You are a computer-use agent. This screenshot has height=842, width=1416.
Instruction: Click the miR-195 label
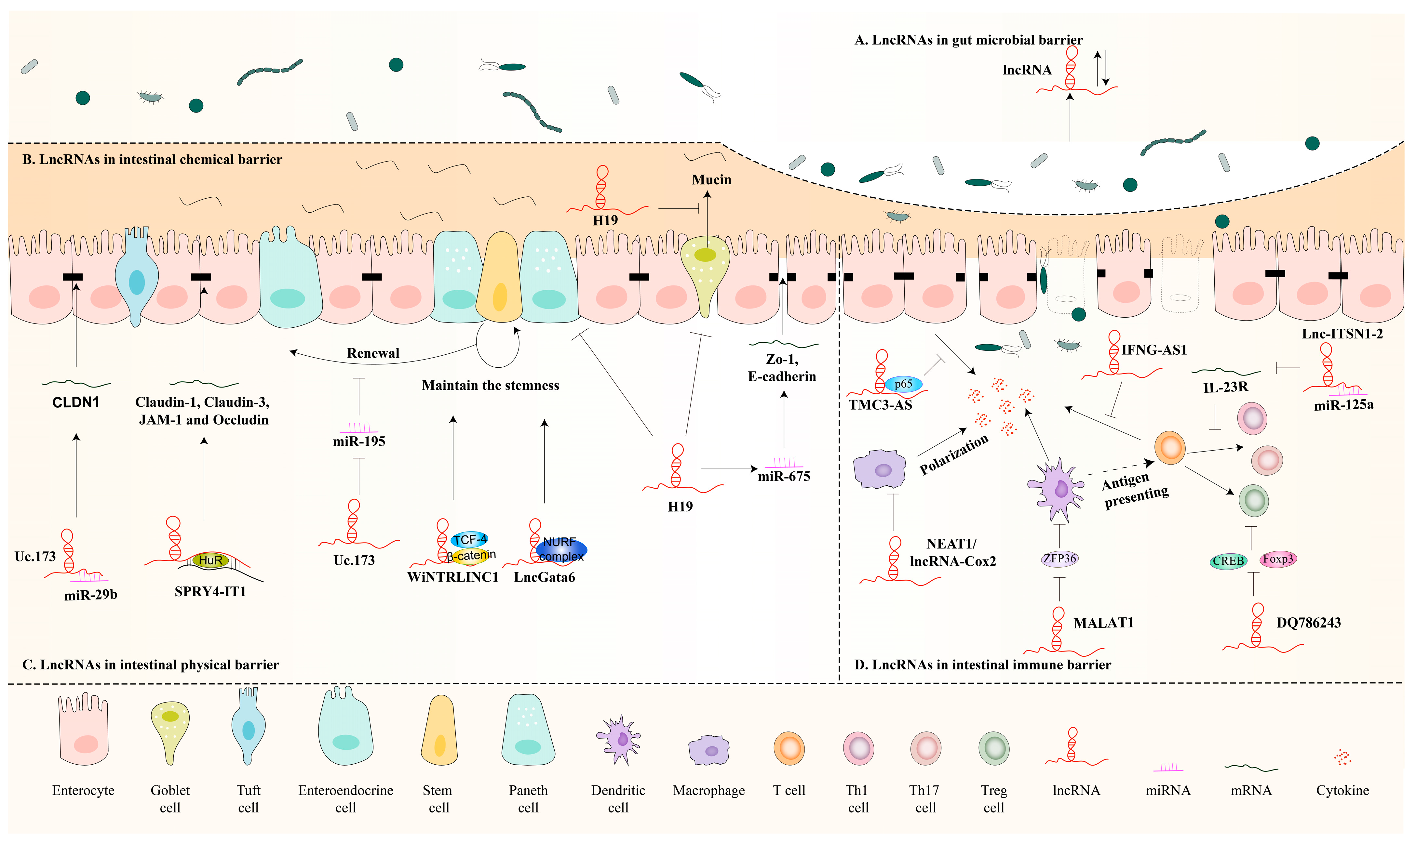(359, 441)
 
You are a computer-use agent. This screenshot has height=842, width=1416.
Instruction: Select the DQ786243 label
(1308, 623)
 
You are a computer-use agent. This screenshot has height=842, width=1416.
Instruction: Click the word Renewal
(373, 353)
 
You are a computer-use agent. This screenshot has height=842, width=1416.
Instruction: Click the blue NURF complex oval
(561, 549)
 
